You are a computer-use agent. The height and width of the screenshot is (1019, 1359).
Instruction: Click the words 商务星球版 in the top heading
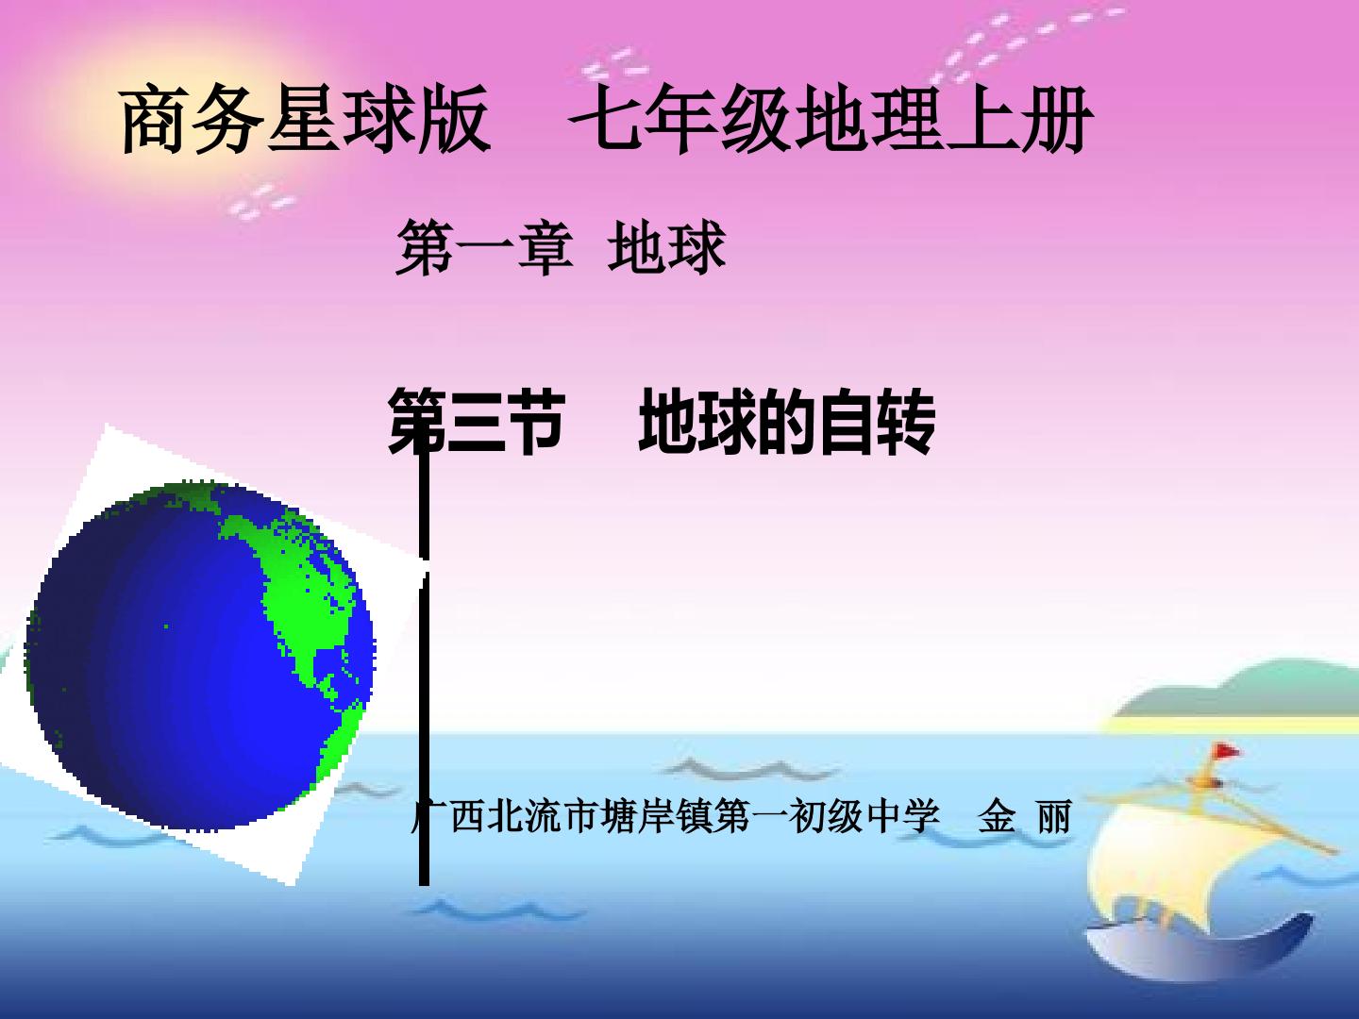pos(305,119)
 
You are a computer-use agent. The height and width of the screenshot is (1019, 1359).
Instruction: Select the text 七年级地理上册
pos(831,119)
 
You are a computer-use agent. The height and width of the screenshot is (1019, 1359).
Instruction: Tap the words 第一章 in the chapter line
pos(484,247)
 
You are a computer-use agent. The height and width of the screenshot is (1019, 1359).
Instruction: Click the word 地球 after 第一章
pos(667,247)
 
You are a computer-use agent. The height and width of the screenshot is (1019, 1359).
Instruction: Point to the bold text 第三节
pos(476,422)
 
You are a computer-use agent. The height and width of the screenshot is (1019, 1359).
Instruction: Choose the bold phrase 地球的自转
pos(786,422)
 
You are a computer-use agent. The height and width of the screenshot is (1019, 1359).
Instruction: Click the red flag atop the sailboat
pos(1226,752)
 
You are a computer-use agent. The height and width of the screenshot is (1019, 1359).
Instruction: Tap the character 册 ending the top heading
pos(1058,119)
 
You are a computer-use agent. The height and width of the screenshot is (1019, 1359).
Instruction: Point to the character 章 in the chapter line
pos(545,247)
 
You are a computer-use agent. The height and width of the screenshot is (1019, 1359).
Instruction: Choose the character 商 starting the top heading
pos(155,119)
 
